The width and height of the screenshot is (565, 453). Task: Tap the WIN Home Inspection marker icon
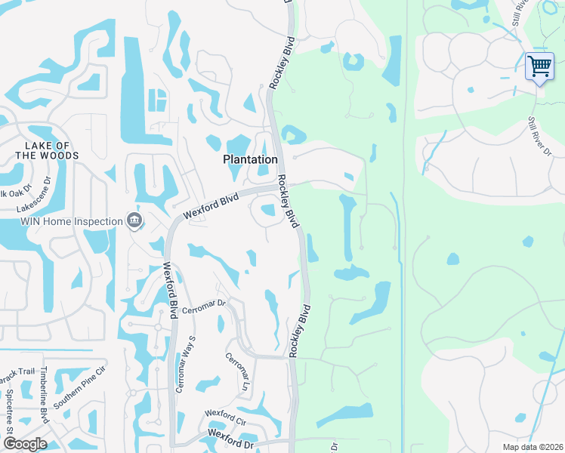[x=134, y=220]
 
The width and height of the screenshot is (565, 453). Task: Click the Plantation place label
[x=250, y=159]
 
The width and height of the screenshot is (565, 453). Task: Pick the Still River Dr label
[x=540, y=136]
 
